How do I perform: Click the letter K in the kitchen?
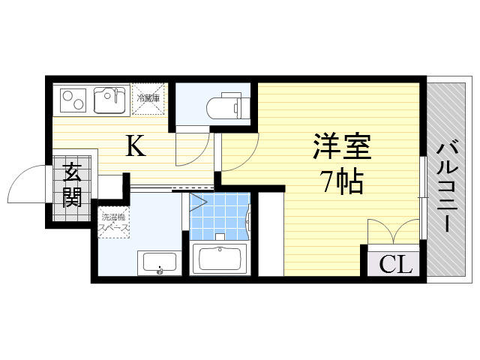point(136,146)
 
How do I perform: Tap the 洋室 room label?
point(342,146)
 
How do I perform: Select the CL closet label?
point(395,264)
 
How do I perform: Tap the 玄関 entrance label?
point(72,185)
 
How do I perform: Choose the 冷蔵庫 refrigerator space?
point(148,98)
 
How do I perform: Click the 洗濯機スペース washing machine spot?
point(114,222)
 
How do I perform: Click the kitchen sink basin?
point(109,100)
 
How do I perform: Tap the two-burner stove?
point(73,100)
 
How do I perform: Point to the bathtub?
point(220,259)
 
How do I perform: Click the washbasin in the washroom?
point(159,262)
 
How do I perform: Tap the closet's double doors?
point(393,231)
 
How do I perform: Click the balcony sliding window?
point(423,198)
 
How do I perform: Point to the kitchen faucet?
point(116,95)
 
